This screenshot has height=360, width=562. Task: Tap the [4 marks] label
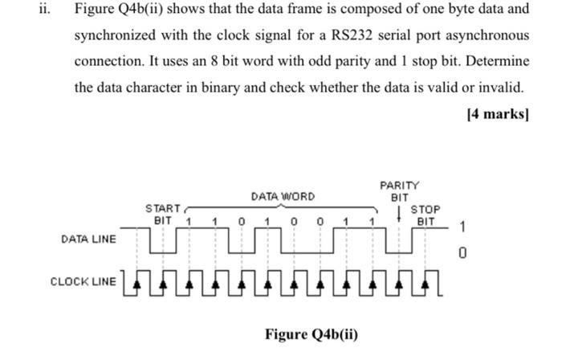[497, 113]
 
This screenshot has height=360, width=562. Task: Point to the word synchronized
[115, 36]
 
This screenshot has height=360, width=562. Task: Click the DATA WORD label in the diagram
[283, 196]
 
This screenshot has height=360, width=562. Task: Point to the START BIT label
[163, 214]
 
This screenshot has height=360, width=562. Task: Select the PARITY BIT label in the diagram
[399, 191]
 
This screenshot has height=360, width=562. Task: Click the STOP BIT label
[426, 215]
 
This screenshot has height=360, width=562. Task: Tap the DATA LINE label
[88, 239]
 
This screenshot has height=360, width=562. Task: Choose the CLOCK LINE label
[83, 281]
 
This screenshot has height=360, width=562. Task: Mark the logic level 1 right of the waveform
[462, 227]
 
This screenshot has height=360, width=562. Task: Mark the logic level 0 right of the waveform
[462, 254]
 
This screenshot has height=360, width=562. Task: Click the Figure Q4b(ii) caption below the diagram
[311, 334]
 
